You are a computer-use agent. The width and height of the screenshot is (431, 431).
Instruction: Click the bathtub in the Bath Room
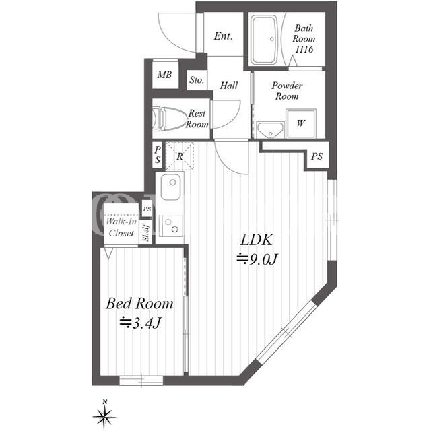pyautogui.click(x=265, y=40)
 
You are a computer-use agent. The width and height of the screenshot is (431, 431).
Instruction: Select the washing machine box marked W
pyautogui.click(x=301, y=123)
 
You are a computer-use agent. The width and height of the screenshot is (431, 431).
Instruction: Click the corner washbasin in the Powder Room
pyautogui.click(x=269, y=130)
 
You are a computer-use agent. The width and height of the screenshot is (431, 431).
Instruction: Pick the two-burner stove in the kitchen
pyautogui.click(x=171, y=226)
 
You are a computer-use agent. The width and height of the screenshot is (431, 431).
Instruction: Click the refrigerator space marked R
pyautogui.click(x=179, y=156)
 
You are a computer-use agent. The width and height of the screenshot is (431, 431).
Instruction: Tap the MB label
pyautogui.click(x=164, y=75)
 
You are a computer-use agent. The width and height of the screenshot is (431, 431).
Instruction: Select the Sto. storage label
pyautogui.click(x=197, y=80)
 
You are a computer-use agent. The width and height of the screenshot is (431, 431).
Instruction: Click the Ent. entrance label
pyautogui.click(x=223, y=36)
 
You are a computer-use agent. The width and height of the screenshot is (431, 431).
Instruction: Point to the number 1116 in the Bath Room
pyautogui.click(x=304, y=49)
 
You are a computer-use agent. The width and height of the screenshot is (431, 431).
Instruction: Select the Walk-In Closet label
pyautogui.click(x=121, y=228)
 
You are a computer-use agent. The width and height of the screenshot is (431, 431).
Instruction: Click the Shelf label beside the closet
pyautogui.click(x=146, y=232)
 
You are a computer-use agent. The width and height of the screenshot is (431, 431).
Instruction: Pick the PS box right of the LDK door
pyautogui.click(x=317, y=156)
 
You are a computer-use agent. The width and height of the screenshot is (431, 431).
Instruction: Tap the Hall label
pyautogui.click(x=229, y=86)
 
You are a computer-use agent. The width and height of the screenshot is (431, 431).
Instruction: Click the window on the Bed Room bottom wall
pyautogui.click(x=141, y=380)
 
